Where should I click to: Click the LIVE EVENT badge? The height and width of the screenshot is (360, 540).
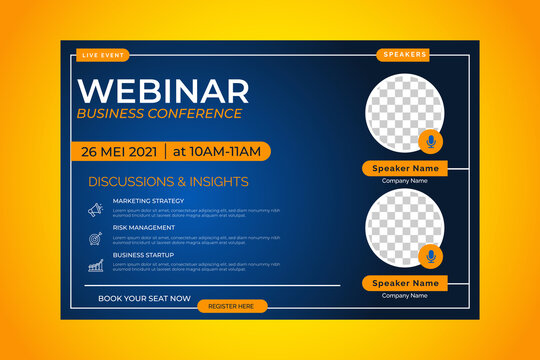point(104,54)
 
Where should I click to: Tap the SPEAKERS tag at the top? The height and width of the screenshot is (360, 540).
point(404,54)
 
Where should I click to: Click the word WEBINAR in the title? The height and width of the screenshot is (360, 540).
point(163,90)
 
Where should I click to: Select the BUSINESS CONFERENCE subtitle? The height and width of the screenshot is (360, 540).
point(159,113)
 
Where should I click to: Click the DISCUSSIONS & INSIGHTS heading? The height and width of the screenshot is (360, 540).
point(168,182)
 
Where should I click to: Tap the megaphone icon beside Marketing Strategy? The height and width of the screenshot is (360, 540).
point(95,210)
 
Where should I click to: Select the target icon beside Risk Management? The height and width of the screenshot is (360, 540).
point(95,238)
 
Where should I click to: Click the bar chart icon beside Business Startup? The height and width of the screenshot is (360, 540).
point(95,266)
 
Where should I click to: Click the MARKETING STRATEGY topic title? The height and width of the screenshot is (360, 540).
point(148,201)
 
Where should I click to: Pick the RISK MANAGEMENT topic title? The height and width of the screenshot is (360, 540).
point(143,227)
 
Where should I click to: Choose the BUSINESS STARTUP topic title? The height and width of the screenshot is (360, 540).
point(143,255)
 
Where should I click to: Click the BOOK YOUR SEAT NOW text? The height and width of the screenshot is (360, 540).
point(144,298)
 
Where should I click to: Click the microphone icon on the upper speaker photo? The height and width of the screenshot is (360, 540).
point(430,141)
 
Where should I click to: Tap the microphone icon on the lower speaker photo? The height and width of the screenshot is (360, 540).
point(430,256)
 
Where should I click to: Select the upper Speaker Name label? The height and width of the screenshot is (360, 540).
point(405,169)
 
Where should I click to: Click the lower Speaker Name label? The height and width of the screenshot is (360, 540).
point(405,283)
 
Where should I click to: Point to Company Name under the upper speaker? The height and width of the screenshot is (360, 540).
point(405,181)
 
